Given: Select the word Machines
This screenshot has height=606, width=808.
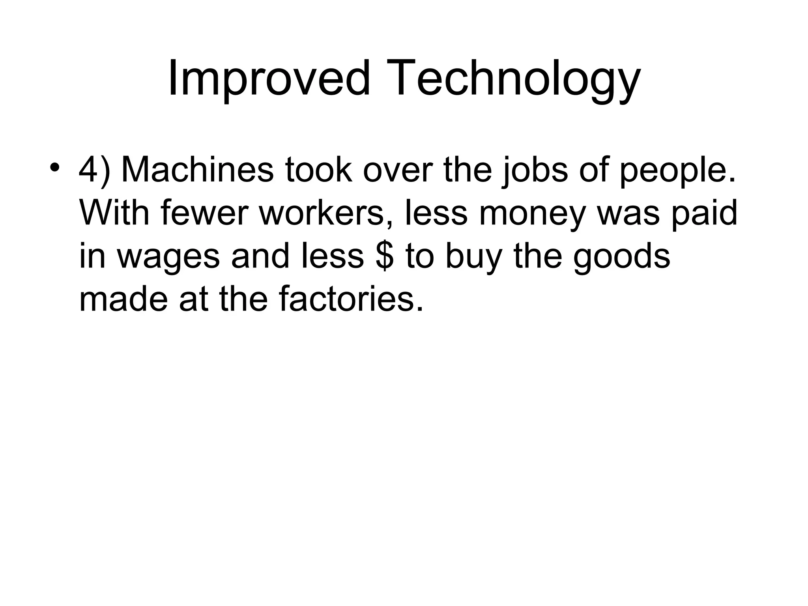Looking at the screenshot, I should (x=197, y=170).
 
